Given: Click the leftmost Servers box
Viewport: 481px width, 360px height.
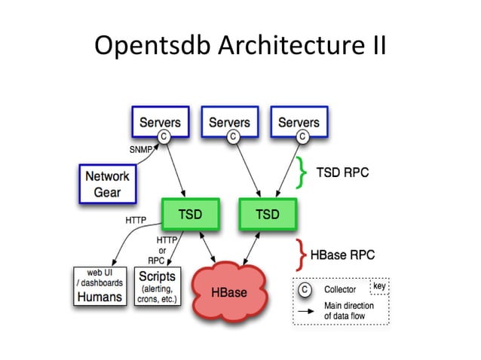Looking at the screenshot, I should coord(160,122).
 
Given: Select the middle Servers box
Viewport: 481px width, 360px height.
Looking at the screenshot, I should coord(229,122).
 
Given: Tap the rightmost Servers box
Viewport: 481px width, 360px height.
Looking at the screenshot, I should coord(299,122).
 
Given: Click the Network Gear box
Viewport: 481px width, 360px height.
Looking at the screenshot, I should coord(106,184).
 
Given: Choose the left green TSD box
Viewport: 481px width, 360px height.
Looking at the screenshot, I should coord(189,215).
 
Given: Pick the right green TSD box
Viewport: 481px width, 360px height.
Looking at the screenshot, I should coord(266,215).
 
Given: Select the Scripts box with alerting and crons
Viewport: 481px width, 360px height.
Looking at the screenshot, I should coord(156,285).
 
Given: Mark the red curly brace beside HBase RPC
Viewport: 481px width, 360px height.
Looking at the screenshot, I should coord(301,255).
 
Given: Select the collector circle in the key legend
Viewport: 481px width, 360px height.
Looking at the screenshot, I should coord(304,288).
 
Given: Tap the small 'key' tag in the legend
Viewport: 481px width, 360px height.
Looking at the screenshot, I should coord(379,286).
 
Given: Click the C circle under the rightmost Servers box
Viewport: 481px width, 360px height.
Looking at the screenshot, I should coord(302,136).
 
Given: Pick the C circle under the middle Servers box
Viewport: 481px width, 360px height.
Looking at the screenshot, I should coord(233,136).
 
